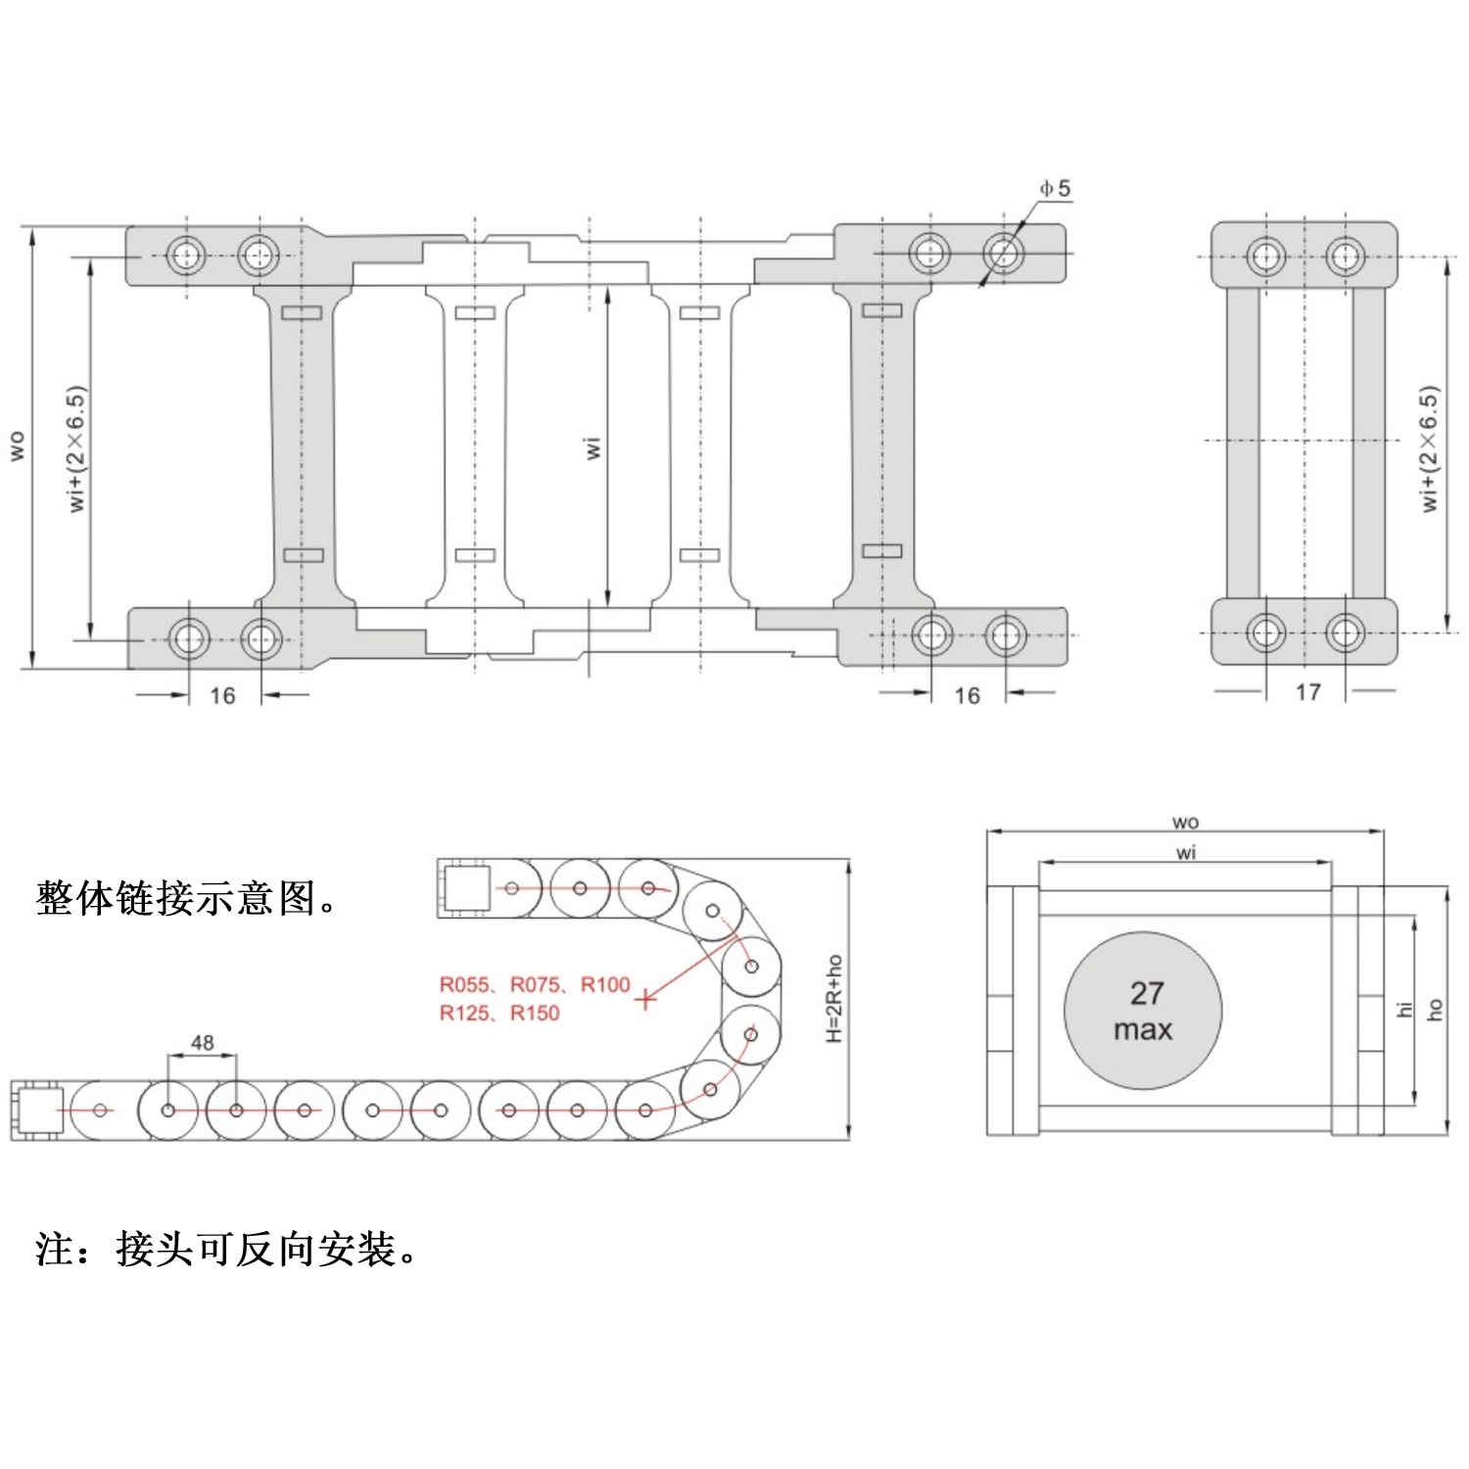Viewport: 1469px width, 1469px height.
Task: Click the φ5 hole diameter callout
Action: (1055, 188)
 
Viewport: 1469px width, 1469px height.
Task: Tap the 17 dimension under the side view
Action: (1307, 692)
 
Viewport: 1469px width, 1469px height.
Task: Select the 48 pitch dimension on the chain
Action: (203, 1043)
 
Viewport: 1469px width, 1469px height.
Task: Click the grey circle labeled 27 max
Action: (1143, 1011)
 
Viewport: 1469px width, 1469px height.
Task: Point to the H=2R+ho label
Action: (834, 999)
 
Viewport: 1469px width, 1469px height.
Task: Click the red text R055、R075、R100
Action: (534, 984)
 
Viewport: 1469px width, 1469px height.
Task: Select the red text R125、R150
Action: (498, 1013)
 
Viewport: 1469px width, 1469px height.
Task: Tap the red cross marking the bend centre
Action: (645, 999)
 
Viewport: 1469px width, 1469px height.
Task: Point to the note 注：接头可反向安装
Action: (226, 1249)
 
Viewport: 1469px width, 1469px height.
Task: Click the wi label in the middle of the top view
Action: (593, 448)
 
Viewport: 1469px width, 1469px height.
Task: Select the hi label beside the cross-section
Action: (1404, 1009)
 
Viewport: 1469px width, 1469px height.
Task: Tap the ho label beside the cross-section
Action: (1436, 1009)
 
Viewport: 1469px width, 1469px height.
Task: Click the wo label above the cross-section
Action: (1185, 822)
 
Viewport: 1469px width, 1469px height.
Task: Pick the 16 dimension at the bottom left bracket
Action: (222, 695)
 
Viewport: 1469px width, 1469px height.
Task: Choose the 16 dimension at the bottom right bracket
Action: (967, 695)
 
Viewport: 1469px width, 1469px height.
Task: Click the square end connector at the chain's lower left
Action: (37, 1111)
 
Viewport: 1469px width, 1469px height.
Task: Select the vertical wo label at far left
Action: (17, 446)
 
